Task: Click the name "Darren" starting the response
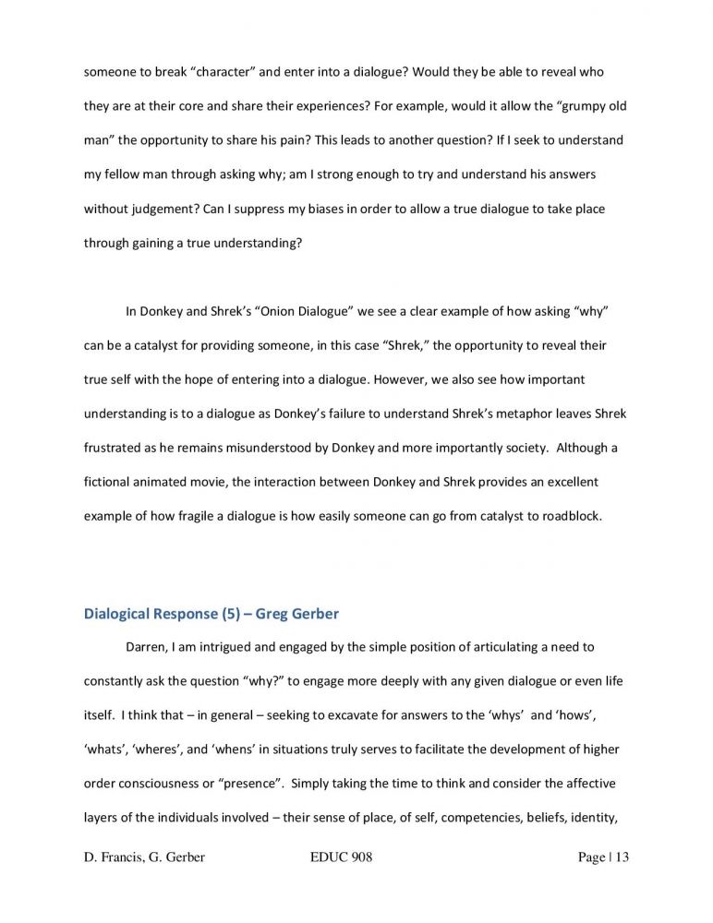(x=146, y=647)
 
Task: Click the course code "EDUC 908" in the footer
(x=343, y=858)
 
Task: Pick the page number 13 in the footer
(x=620, y=858)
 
